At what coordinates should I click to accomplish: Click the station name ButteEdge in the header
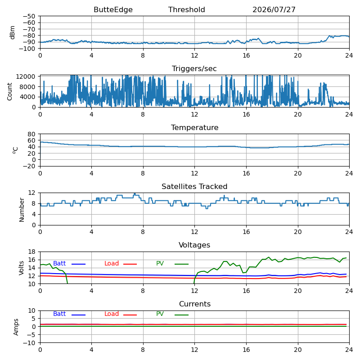(x=113, y=10)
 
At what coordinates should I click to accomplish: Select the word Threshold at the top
(x=186, y=9)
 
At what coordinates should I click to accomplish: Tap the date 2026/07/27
(x=274, y=9)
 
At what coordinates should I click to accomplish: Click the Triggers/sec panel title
(x=194, y=69)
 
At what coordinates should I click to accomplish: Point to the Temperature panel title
(x=194, y=127)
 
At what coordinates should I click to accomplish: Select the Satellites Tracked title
(x=194, y=186)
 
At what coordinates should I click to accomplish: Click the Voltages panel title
(x=194, y=245)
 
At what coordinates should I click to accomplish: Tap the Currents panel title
(x=195, y=304)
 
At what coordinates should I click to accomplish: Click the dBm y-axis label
(x=12, y=32)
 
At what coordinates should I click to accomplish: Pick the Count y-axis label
(x=9, y=92)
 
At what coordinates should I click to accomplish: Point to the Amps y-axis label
(x=16, y=327)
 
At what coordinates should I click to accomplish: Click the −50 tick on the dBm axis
(x=29, y=16)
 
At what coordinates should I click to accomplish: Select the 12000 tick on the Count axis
(x=25, y=76)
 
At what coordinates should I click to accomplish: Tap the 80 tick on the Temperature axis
(x=31, y=134)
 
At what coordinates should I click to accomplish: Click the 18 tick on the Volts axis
(x=31, y=252)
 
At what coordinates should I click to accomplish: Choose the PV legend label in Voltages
(x=160, y=263)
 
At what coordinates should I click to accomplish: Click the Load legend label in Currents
(x=111, y=314)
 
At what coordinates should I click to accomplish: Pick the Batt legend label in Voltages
(x=59, y=263)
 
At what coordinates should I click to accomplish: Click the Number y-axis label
(x=22, y=210)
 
